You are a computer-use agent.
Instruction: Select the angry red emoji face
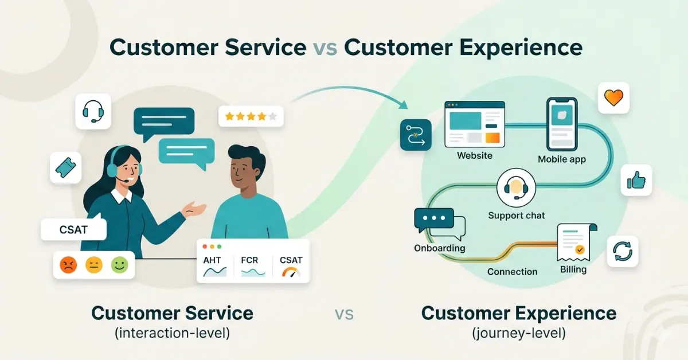point(68,265)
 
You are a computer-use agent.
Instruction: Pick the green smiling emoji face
point(119,265)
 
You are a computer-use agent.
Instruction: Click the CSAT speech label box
point(74,230)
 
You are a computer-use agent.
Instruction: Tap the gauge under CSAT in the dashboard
point(291,272)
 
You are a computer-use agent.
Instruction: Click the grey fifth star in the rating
point(273,117)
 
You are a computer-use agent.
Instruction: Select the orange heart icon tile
point(613,98)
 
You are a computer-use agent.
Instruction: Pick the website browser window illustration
point(475,124)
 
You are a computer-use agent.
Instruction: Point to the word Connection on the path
point(512,272)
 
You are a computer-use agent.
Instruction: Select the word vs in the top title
point(325,48)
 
